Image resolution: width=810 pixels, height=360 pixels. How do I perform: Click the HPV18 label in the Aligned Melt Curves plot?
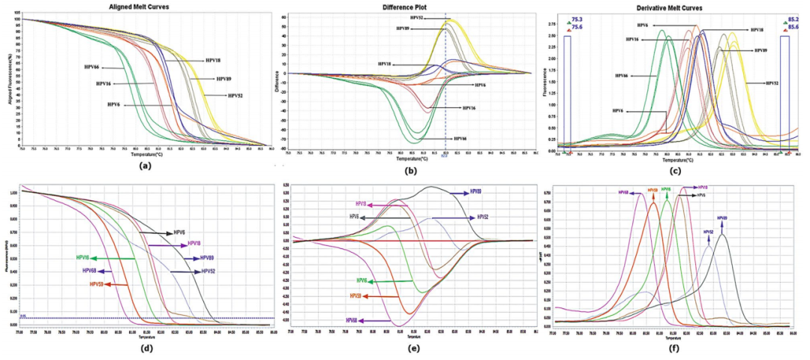click(x=217, y=60)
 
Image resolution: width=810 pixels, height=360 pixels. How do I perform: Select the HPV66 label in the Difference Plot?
click(x=464, y=139)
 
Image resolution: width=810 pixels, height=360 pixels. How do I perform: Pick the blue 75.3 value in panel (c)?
click(x=577, y=18)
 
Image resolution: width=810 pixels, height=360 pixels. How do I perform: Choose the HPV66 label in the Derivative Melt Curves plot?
click(x=622, y=76)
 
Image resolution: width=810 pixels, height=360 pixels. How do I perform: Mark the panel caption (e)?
click(x=406, y=349)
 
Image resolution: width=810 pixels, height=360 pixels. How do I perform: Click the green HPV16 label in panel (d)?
click(x=77, y=258)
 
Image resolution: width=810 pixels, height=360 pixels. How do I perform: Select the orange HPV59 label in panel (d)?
click(x=96, y=284)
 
